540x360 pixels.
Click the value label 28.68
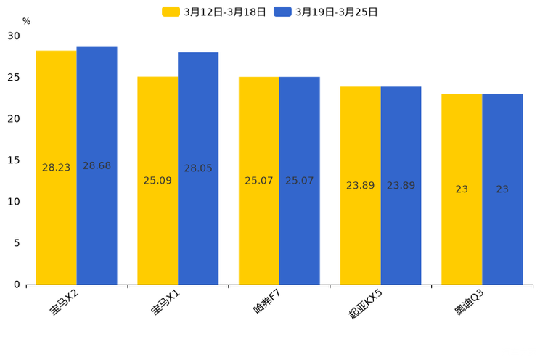point(97,166)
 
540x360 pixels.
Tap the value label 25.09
point(157,181)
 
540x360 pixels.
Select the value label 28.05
point(198,168)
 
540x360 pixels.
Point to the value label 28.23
point(57,168)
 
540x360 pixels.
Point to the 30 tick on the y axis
point(14,36)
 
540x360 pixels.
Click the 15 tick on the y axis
point(14,160)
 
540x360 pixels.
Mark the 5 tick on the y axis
point(17,243)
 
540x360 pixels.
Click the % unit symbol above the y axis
point(26,21)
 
